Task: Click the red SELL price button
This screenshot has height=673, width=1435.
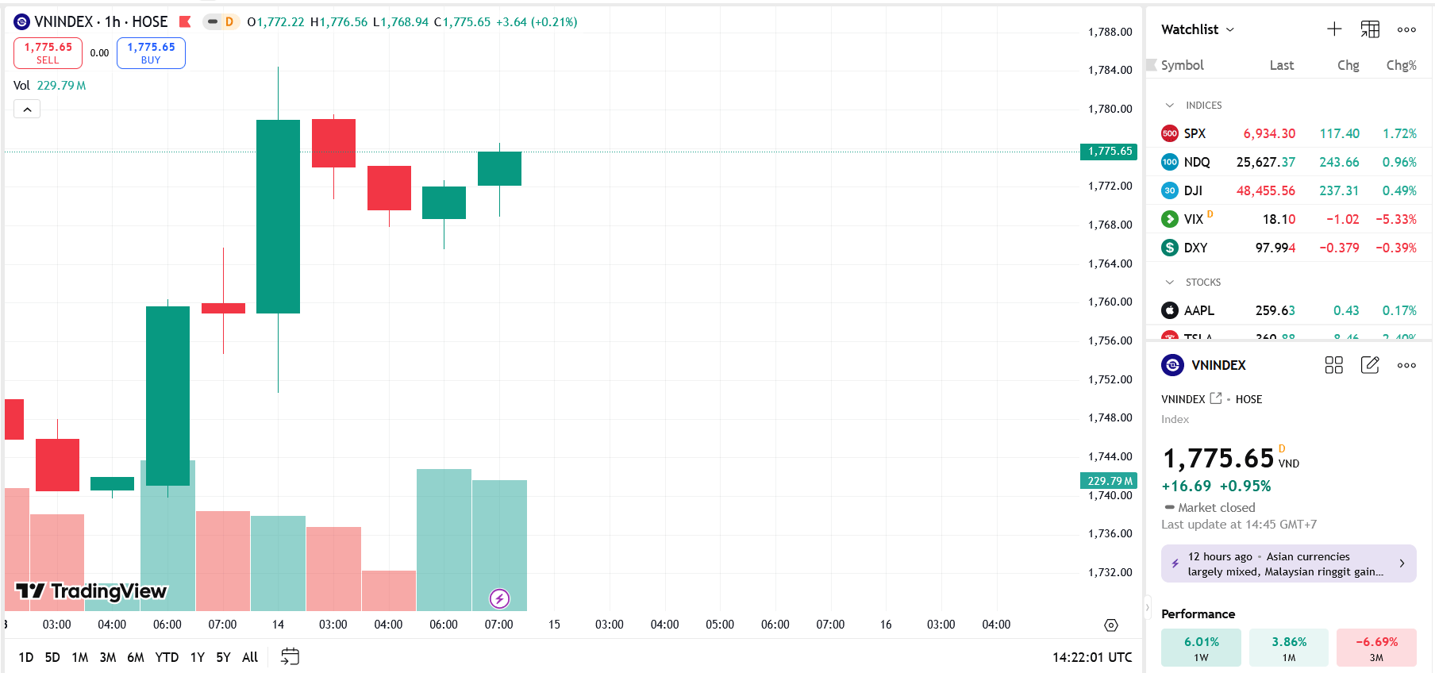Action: [x=48, y=53]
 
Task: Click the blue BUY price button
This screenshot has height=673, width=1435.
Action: [x=151, y=53]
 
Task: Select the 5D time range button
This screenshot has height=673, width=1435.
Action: [x=52, y=657]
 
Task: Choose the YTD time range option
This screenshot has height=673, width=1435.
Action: [x=167, y=657]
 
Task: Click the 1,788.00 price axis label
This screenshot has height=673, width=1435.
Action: [x=1110, y=32]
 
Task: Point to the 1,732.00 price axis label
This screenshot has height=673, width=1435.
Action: [x=1110, y=572]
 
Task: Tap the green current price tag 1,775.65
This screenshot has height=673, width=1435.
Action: [x=1109, y=152]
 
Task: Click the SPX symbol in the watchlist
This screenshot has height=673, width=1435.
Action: [x=1195, y=133]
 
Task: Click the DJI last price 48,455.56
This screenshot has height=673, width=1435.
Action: [x=1265, y=190]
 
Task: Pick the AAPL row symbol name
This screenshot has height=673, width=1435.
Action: [x=1198, y=310]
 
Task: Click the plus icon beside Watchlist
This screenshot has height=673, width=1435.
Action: [x=1334, y=29]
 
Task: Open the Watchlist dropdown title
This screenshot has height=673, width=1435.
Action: [x=1197, y=29]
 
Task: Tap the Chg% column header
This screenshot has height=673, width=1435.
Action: [x=1401, y=65]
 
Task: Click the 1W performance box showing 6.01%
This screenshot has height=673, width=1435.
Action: [x=1201, y=648]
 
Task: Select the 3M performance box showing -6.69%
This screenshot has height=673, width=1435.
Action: [x=1376, y=648]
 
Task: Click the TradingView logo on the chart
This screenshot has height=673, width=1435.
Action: [x=91, y=591]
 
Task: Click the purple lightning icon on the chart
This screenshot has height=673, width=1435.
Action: [x=499, y=598]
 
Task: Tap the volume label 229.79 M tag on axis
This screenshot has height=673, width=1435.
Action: [x=1109, y=481]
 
